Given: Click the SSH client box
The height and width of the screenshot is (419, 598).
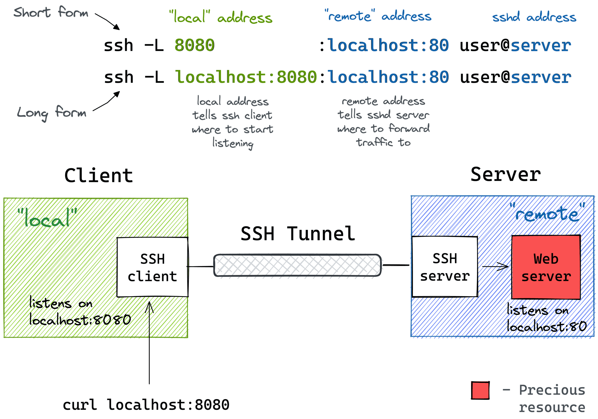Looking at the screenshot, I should [152, 267].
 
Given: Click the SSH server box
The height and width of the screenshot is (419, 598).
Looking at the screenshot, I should [445, 267].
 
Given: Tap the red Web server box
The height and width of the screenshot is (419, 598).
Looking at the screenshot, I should [546, 267].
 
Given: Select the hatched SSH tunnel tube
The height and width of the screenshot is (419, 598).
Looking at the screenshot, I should [297, 265].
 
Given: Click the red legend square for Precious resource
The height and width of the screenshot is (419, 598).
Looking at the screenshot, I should [480, 390].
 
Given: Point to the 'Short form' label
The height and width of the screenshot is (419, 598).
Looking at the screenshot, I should [51, 13].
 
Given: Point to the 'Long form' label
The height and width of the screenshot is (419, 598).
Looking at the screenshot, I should [51, 113].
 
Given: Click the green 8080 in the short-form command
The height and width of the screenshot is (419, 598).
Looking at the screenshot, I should [194, 45].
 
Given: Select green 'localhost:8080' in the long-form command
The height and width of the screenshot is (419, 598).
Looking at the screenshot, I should [246, 77].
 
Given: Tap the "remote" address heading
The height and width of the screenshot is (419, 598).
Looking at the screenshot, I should [378, 16].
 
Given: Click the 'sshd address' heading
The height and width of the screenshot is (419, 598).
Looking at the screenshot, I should [534, 17].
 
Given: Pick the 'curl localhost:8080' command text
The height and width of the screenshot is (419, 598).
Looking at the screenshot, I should [146, 405].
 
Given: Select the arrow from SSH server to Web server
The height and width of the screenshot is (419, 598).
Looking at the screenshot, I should [495, 266].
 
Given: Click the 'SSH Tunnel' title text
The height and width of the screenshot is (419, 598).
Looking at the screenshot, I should [298, 234].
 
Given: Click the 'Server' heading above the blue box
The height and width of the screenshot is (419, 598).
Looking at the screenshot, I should [505, 174].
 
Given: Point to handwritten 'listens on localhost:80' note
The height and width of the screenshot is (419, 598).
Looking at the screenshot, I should [546, 318].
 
